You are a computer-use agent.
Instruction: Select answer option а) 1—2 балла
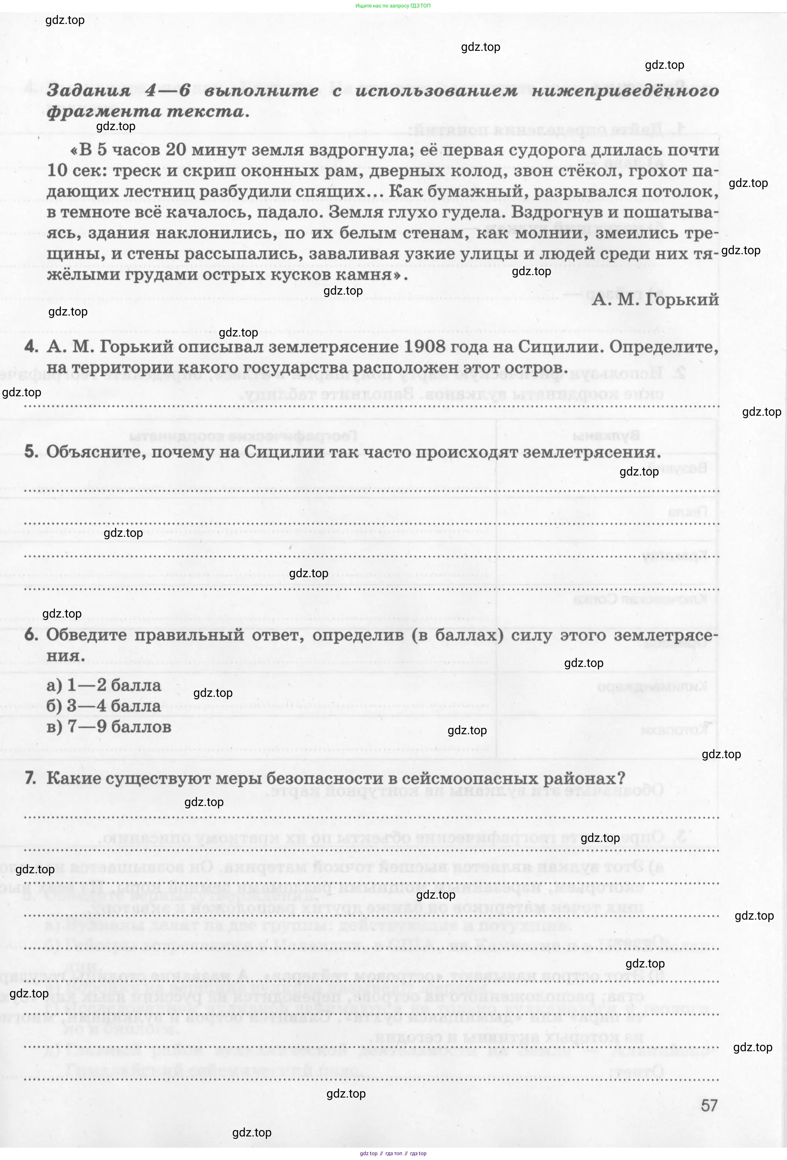point(104,685)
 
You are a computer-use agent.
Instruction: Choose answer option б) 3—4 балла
point(104,706)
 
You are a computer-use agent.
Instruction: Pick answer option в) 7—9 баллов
point(109,726)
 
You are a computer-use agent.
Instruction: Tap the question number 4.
point(31,347)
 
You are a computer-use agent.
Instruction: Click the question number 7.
point(30,778)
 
